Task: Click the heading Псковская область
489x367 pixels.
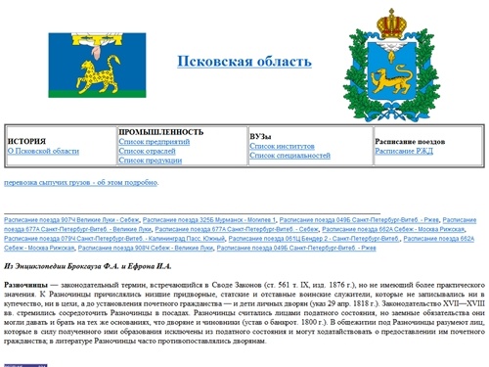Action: [x=244, y=62]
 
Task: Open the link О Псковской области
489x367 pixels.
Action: [x=43, y=152]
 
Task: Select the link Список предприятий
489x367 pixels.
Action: [x=154, y=142]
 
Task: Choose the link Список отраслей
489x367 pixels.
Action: [x=148, y=153]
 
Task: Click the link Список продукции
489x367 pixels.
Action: [x=151, y=163]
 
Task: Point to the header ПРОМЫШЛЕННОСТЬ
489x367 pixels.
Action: [x=161, y=131]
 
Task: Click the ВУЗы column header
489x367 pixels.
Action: [x=260, y=136]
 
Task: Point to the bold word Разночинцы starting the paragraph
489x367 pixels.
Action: [x=26, y=284]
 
